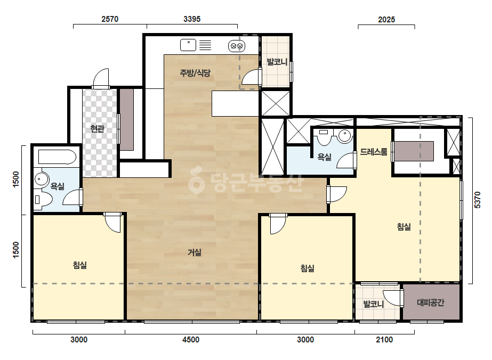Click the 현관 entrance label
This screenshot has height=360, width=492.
[x=97, y=128]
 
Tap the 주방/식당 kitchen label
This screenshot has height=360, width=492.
[x=195, y=73]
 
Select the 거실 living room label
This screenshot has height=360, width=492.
[x=195, y=252]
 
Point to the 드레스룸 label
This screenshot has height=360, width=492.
[x=373, y=152]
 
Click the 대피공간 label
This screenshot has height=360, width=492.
[x=431, y=302]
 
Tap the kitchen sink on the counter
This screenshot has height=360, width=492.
[x=188, y=45]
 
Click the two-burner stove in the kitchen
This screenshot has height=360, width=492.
[x=237, y=46]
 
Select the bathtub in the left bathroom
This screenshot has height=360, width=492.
[x=57, y=157]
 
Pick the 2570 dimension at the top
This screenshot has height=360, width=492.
[x=110, y=19]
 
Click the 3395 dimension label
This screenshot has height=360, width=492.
[x=192, y=19]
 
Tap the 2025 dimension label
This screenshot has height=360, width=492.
[x=386, y=20]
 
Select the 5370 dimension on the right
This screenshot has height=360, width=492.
[x=477, y=200]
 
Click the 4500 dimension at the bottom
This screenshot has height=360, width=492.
[x=191, y=340]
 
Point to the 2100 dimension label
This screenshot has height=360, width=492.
[x=384, y=340]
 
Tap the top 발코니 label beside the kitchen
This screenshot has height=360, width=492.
[x=277, y=62]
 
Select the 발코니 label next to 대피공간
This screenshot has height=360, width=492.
[x=373, y=304]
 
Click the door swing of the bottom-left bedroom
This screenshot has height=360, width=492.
[x=113, y=223]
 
